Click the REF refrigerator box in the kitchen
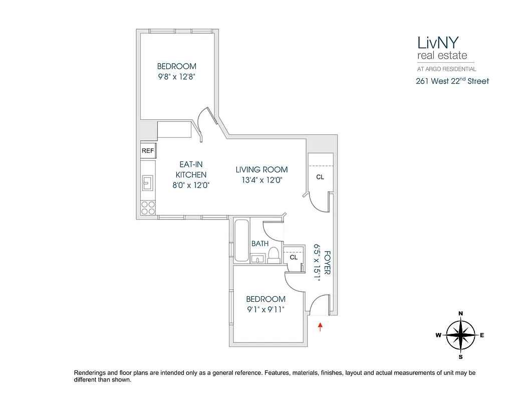click(148, 150)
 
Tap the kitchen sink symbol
click(148, 183)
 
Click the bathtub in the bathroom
click(241, 241)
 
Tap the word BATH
click(260, 244)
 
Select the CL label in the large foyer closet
click(320, 177)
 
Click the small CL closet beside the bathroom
click(294, 257)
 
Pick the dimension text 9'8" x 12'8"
click(176, 77)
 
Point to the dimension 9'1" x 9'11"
click(265, 309)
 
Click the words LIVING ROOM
click(262, 169)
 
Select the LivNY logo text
click(437, 41)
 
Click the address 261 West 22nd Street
click(452, 81)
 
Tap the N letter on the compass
click(460, 314)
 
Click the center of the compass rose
click(460, 335)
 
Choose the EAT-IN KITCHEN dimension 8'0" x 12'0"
click(190, 185)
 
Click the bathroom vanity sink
click(258, 259)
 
